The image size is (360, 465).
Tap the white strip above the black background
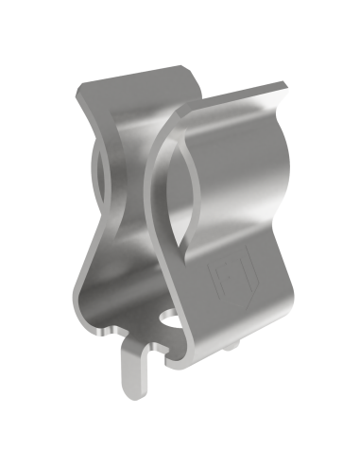point(180,24)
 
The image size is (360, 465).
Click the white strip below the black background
point(180,444)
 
